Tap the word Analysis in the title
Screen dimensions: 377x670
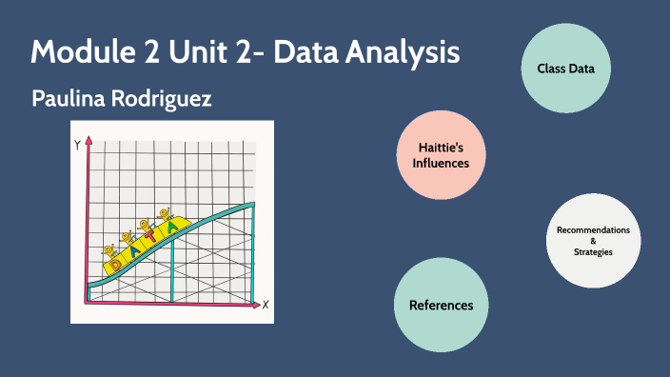tap(402, 51)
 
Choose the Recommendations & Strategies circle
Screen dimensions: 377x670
tap(593, 241)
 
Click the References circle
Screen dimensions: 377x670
tap(441, 305)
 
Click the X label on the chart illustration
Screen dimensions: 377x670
tap(266, 305)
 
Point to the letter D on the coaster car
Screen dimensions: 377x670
tap(116, 259)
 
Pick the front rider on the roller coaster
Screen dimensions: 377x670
tap(166, 214)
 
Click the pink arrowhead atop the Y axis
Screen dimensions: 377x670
tap(88, 141)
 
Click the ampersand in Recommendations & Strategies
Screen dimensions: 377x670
tap(593, 241)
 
